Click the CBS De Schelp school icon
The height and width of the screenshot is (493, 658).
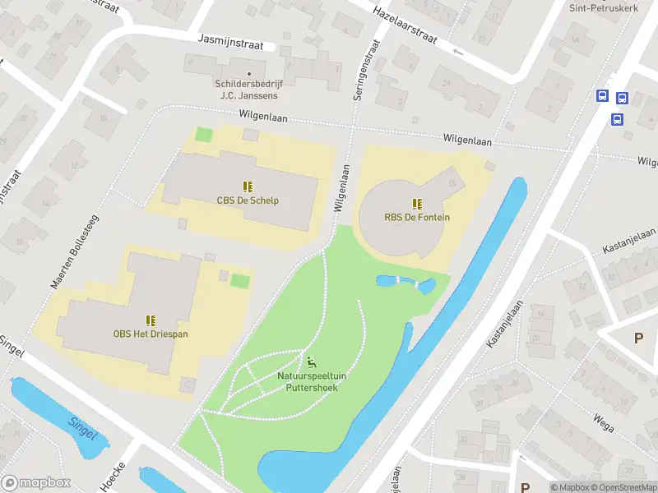pyautogui.click(x=248, y=187)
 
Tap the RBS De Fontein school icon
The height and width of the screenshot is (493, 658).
pyautogui.click(x=417, y=204)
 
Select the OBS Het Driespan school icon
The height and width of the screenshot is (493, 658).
pyautogui.click(x=151, y=320)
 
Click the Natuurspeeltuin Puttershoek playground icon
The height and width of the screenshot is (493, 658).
pyautogui.click(x=311, y=362)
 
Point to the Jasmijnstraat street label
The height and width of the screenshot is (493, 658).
pyautogui.click(x=231, y=42)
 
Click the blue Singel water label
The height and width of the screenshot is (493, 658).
pyautogui.click(x=84, y=426)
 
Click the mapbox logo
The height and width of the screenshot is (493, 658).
pyautogui.click(x=37, y=483)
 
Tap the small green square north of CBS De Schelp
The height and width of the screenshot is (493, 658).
pyautogui.click(x=203, y=134)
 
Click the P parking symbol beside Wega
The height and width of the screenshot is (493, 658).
pyautogui.click(x=638, y=338)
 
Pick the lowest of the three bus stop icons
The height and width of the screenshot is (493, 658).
pyautogui.click(x=617, y=119)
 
